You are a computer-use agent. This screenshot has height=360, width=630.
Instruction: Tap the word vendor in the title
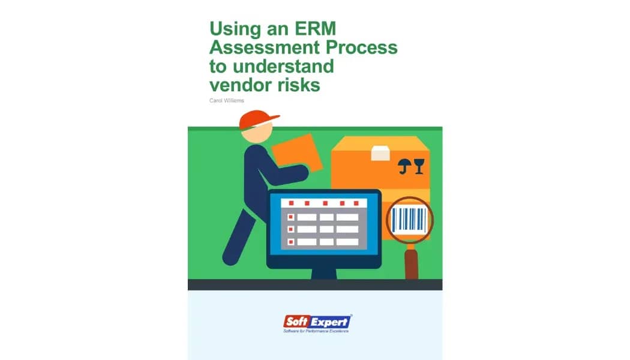[241, 85]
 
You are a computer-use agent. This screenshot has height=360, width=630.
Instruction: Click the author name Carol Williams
[227, 101]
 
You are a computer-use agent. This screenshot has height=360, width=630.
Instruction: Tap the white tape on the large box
[380, 153]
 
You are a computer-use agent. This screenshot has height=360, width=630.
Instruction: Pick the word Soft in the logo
[297, 322]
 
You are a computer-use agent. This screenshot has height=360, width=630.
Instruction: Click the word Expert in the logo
[331, 322]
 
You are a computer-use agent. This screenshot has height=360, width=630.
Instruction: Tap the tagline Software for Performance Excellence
[316, 331]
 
